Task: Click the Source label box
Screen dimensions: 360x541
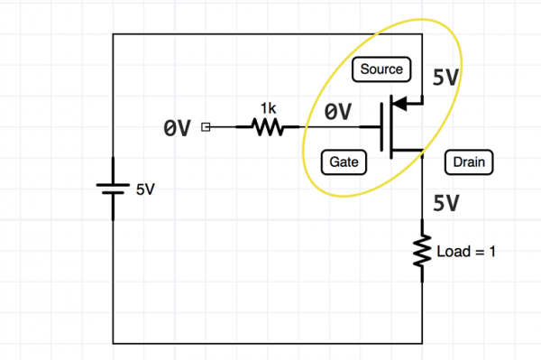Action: coord(381,69)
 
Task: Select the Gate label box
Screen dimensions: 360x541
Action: coord(344,162)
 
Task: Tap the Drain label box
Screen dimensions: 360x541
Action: coord(469,163)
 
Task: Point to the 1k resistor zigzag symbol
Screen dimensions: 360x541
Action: coord(268,128)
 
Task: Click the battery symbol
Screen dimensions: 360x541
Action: coord(114,189)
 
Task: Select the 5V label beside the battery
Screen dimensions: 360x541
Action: coord(145,190)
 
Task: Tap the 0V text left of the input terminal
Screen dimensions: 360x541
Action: coord(177,129)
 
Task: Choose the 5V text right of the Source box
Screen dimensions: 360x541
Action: coord(446,78)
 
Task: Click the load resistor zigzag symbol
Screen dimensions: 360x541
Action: coord(422,252)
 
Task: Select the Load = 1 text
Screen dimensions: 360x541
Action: coord(466,252)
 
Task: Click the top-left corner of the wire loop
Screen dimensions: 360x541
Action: coord(114,34)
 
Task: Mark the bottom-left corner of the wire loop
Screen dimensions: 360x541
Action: coord(114,343)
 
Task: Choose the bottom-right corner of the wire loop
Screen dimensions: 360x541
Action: coord(422,343)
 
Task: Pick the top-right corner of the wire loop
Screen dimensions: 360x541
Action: coord(422,34)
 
